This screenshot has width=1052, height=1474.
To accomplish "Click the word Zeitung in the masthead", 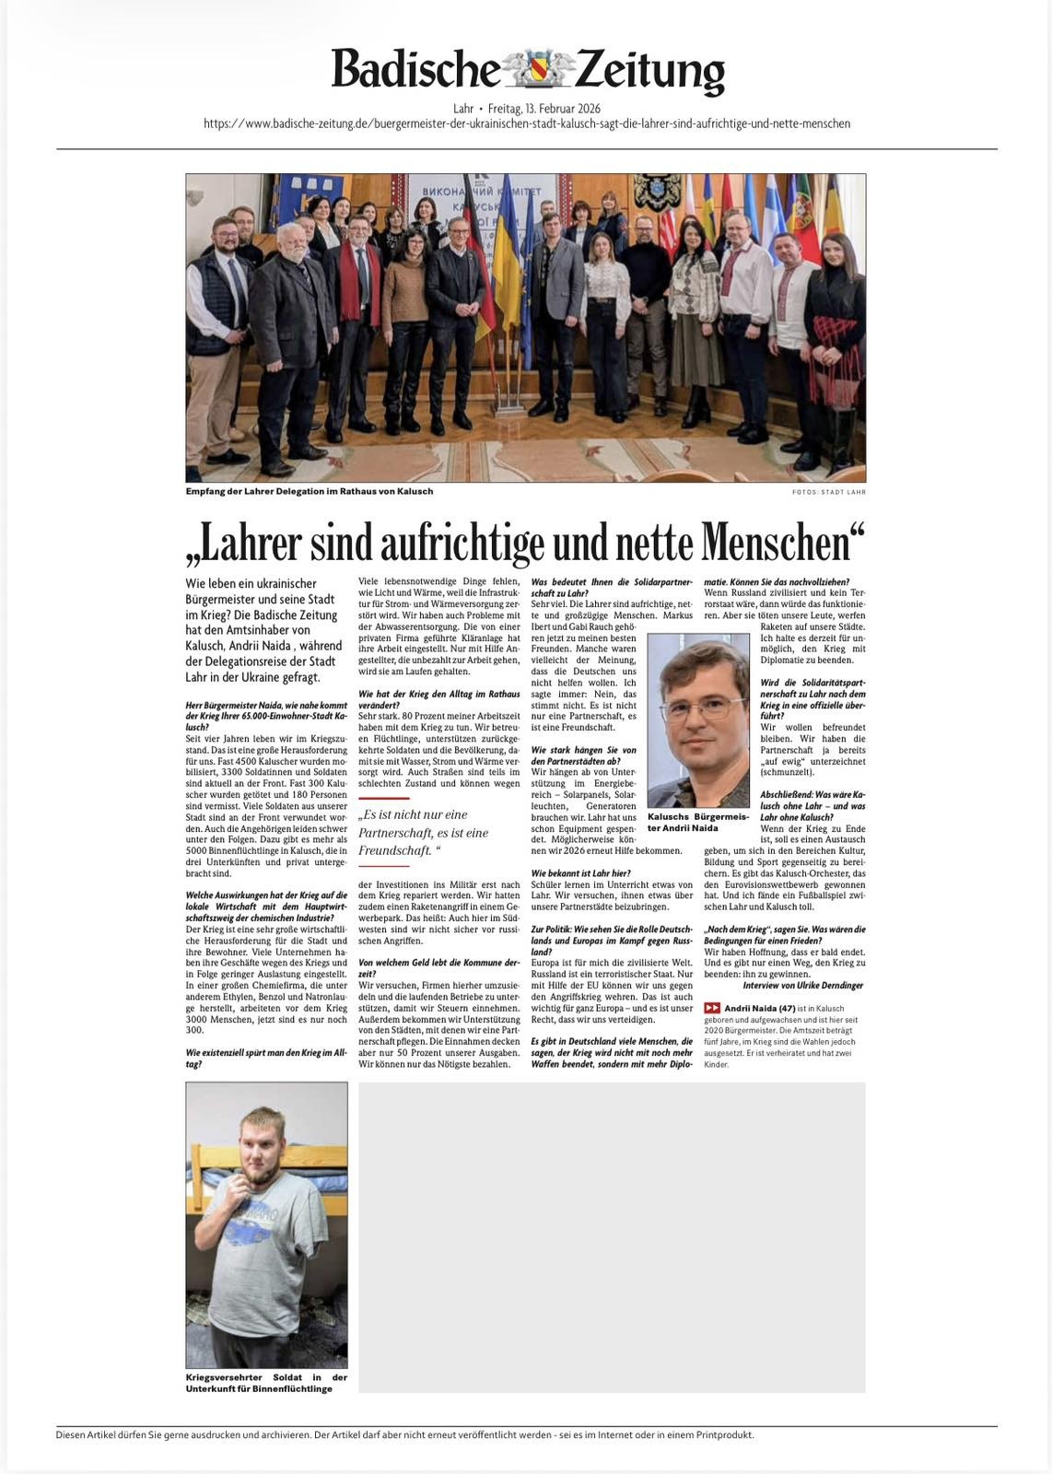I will point(650,71).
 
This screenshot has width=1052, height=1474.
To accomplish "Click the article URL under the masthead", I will point(526,123).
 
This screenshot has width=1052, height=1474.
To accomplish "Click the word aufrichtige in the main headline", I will point(485,543).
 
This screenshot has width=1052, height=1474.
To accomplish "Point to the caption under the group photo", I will point(309,491).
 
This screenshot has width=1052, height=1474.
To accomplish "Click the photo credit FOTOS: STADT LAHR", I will point(828,492).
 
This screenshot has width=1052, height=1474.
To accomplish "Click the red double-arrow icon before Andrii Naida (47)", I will point(712,1008).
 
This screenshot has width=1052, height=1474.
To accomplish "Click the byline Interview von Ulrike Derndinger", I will point(803,985).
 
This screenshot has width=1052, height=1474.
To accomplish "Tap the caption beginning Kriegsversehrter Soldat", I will point(266,1383).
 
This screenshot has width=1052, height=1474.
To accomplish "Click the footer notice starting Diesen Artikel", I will point(404,1434).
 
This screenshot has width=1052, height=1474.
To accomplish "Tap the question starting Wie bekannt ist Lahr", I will point(581,872).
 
